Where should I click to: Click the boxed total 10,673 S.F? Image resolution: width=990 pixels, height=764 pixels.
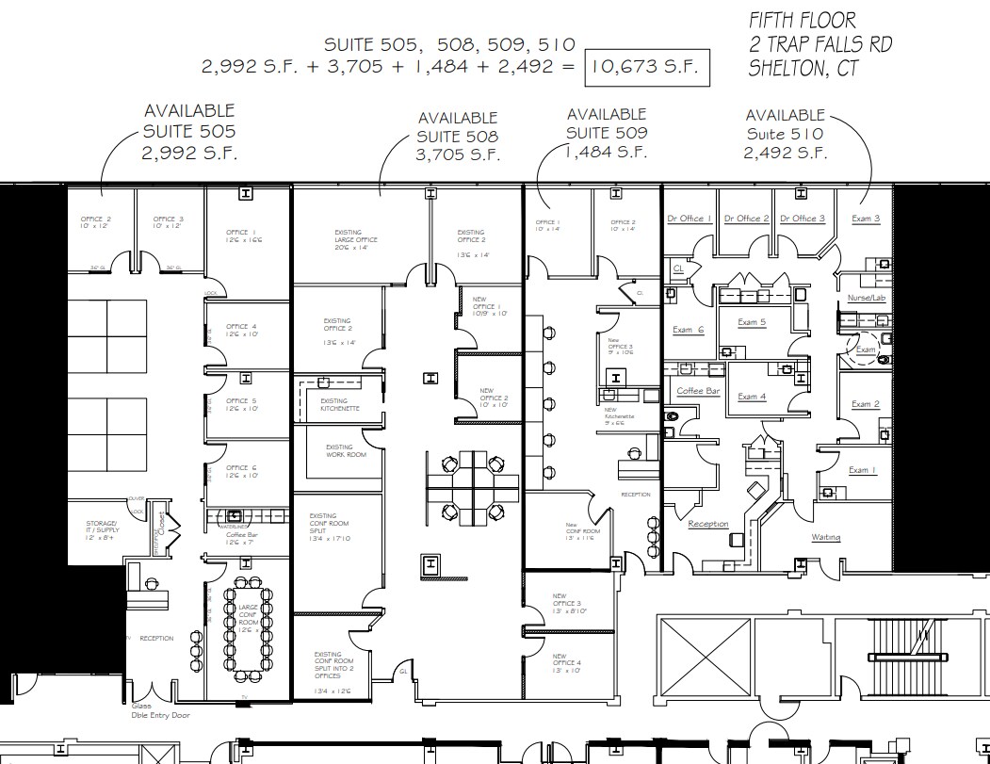(x=647, y=67)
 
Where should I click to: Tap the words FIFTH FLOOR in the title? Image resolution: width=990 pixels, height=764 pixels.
(x=803, y=20)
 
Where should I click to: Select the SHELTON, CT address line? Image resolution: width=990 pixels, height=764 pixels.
(x=803, y=69)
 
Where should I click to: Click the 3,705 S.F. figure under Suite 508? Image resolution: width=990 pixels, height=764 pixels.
(x=458, y=155)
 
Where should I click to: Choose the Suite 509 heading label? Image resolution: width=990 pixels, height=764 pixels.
(x=607, y=133)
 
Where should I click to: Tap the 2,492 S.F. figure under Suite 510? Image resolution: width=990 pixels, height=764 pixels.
(x=786, y=154)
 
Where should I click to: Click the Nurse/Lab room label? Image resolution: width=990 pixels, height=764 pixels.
(x=866, y=298)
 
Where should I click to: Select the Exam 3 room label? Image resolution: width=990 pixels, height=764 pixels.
(x=866, y=219)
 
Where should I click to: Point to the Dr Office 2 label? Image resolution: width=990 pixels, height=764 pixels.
(x=746, y=219)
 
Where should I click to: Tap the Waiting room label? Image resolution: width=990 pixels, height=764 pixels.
(x=826, y=537)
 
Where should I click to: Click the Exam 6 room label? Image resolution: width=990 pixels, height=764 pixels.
(x=688, y=330)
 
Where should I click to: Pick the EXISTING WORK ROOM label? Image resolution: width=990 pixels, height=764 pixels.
(x=339, y=451)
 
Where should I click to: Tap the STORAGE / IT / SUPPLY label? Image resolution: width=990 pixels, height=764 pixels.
(x=102, y=530)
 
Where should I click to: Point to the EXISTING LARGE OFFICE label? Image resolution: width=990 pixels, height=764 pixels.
(x=355, y=239)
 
